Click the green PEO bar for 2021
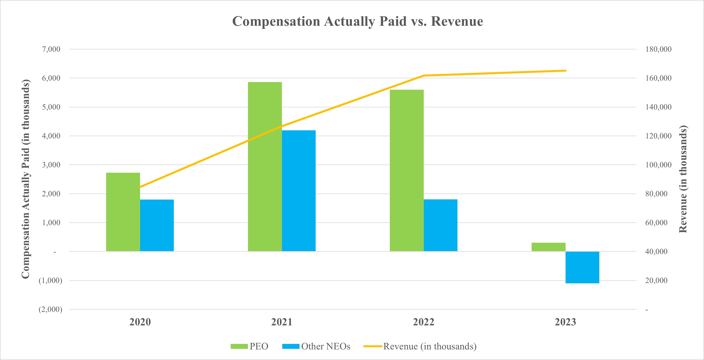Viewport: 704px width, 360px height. (265, 167)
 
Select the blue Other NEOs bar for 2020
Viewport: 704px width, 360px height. (157, 225)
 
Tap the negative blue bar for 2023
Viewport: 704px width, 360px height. (582, 267)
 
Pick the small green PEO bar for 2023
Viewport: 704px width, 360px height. (548, 247)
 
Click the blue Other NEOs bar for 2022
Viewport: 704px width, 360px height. (440, 225)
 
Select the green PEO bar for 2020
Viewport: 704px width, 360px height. (123, 212)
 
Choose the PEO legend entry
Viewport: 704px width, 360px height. (249, 346)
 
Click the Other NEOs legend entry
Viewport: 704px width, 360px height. (316, 346)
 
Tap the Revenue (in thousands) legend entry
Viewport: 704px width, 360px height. (420, 346)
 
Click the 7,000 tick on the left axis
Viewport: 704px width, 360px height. (51, 49)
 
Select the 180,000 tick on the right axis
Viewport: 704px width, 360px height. (658, 49)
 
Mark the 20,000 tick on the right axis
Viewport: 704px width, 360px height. (656, 281)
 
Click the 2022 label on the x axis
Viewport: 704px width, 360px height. (423, 322)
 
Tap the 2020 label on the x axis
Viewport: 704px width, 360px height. (140, 322)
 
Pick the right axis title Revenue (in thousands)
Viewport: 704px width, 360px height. (683, 179)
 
